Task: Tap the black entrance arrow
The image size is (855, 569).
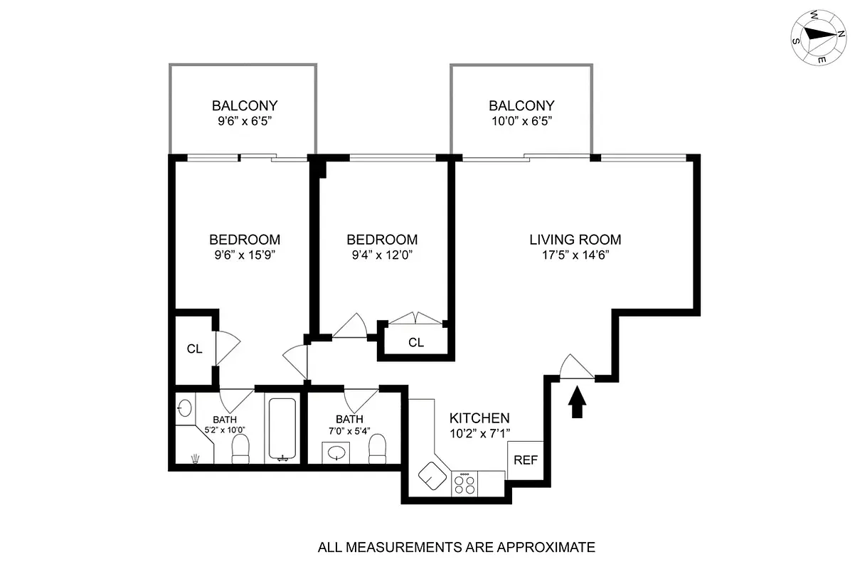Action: [577, 401]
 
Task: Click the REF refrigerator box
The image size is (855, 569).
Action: [525, 459]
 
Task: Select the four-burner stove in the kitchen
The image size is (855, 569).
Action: [465, 484]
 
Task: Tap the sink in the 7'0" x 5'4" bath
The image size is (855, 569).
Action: [336, 452]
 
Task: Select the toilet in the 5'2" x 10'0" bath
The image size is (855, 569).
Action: [241, 449]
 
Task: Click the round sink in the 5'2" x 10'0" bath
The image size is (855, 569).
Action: [184, 408]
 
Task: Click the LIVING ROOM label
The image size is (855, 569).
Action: [575, 240]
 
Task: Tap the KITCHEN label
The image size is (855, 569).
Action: [479, 418]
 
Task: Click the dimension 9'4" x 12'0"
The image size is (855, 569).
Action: [381, 256]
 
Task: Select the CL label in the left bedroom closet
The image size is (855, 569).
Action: [194, 349]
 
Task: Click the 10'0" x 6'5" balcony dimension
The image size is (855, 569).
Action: [521, 122]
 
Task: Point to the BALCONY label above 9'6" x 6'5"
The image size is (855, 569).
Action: [244, 105]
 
